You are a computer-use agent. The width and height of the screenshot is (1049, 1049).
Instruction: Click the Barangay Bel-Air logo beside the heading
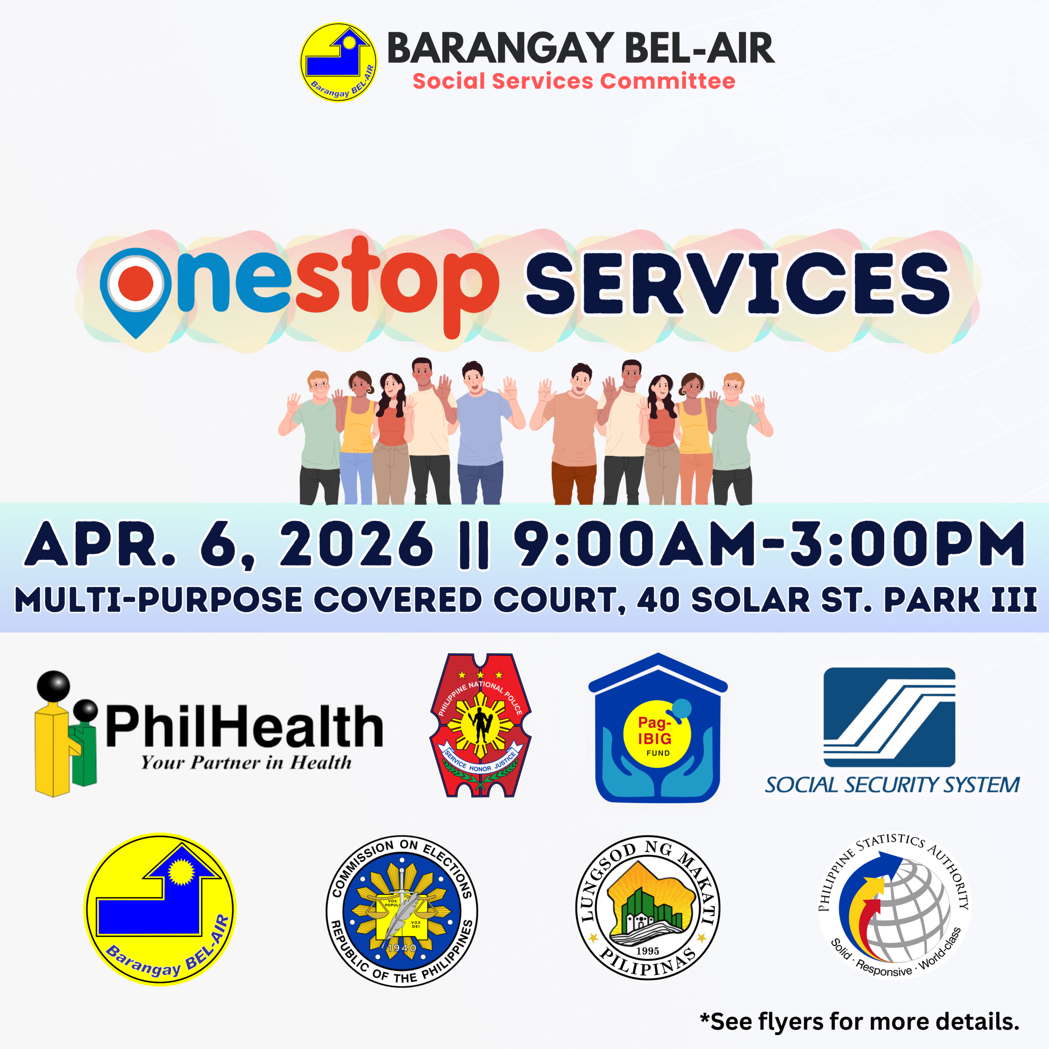tap(338, 62)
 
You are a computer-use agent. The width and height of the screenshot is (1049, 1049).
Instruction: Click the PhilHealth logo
tap(209, 733)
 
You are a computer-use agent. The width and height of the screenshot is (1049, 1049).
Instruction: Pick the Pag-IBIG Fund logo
tap(658, 728)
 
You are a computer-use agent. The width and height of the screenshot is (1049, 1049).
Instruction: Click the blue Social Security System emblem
tap(889, 717)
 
